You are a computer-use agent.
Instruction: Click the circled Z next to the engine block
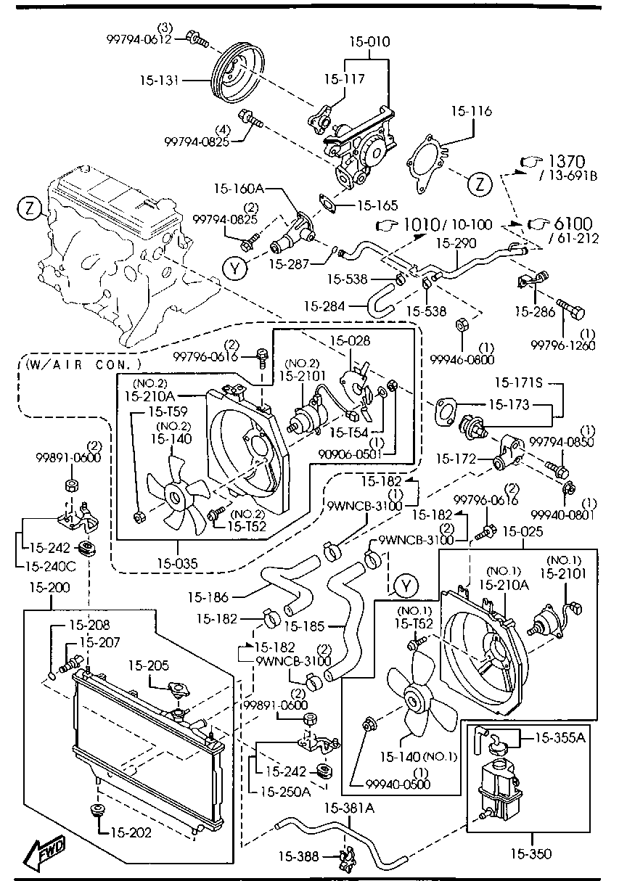coord(26,210)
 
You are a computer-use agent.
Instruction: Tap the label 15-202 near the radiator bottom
coord(131,832)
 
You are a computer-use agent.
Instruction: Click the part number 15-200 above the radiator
coord(49,586)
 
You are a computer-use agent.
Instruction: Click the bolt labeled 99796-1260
coord(573,313)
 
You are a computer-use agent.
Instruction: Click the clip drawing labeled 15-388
coord(346,858)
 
